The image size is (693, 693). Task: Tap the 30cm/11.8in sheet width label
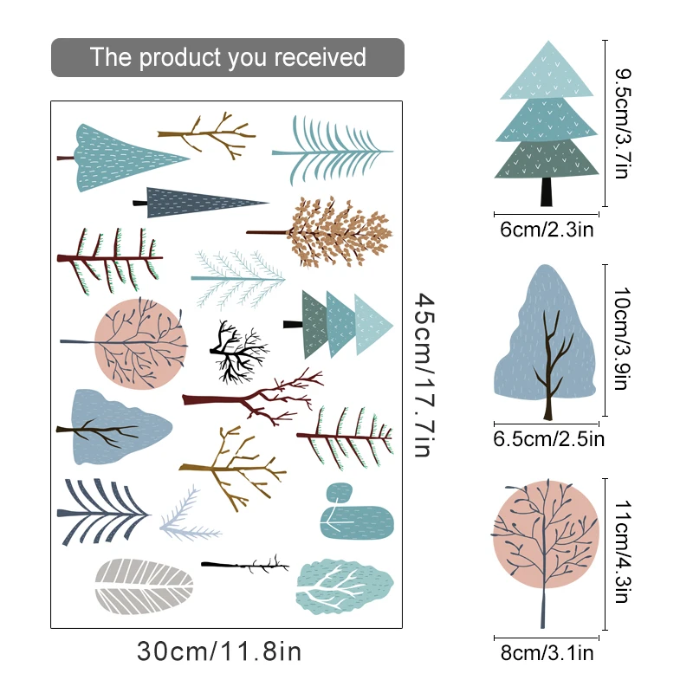[x=219, y=651]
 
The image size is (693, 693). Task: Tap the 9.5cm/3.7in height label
[x=620, y=123]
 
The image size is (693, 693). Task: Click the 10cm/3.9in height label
[x=620, y=340]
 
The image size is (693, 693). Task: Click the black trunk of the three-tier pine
[x=547, y=192]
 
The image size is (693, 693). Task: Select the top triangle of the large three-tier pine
[x=547, y=71]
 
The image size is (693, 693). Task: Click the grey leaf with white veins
[x=143, y=586]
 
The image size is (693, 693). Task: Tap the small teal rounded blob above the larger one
[x=337, y=494]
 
